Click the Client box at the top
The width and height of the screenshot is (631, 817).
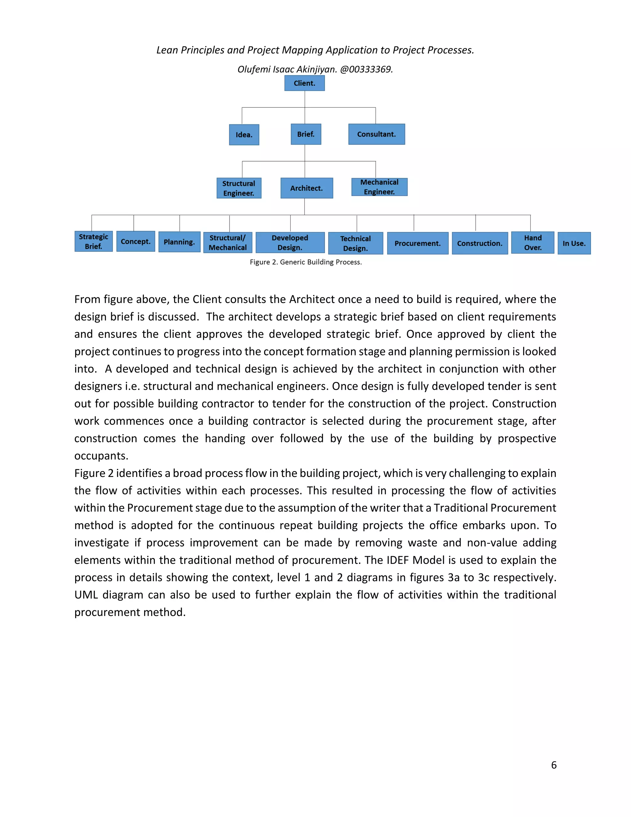coord(304,83)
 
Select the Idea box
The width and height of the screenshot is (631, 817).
coord(244,135)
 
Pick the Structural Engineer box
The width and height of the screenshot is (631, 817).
coord(239,188)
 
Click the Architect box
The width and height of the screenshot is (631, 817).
coord(307,188)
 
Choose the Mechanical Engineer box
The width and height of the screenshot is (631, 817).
coord(379,187)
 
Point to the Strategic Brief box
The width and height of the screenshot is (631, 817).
coord(93,242)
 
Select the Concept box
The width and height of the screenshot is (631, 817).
coord(135,241)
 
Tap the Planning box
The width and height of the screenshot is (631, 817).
coord(179,242)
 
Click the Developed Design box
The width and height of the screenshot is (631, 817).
coord(290,243)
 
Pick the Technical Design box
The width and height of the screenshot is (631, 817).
coord(356,244)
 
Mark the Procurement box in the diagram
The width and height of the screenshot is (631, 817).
coord(417,244)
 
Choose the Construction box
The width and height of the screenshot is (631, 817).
coord(480,244)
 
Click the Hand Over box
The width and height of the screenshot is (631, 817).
coord(532,243)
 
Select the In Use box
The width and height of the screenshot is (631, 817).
coord(574,244)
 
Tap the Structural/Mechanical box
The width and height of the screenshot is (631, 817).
coord(228,243)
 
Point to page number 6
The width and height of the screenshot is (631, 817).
coord(554,765)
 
